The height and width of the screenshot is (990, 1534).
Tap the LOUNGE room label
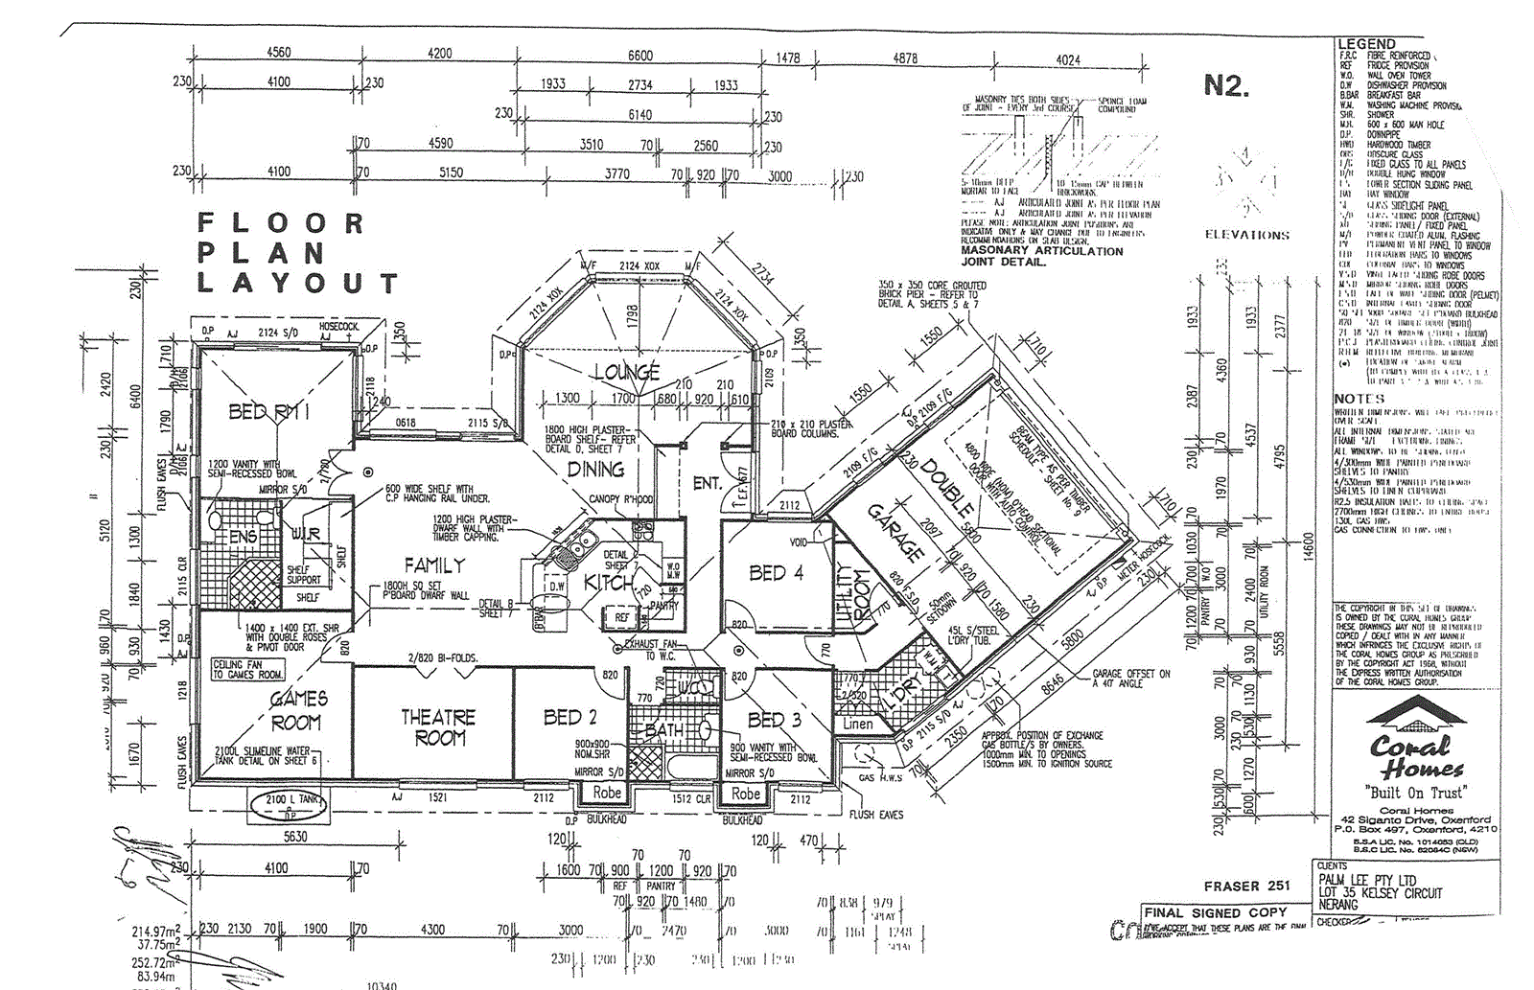pos(626,372)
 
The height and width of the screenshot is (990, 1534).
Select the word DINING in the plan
pos(595,470)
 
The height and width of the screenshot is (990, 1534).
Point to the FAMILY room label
pos(433,565)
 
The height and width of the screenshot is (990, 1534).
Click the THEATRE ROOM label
pos(438,727)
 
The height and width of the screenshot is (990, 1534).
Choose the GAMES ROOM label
pos(297,710)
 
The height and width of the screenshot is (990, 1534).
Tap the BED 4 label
pos(775,573)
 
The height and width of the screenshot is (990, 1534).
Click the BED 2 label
pos(569,717)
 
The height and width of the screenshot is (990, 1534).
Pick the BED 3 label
pos(774,719)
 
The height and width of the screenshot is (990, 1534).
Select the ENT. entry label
pos(707,484)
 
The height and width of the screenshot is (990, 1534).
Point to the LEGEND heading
pos(1366,44)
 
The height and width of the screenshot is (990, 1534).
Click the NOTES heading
pos(1359,399)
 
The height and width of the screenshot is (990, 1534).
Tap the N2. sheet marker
pos(1226,87)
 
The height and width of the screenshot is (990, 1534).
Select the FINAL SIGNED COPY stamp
pos(1215,912)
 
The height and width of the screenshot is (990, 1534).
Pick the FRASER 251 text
pos(1246,886)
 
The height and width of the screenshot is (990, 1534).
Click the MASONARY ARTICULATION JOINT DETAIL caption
pos(1041,256)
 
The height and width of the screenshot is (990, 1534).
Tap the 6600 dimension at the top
pos(639,55)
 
